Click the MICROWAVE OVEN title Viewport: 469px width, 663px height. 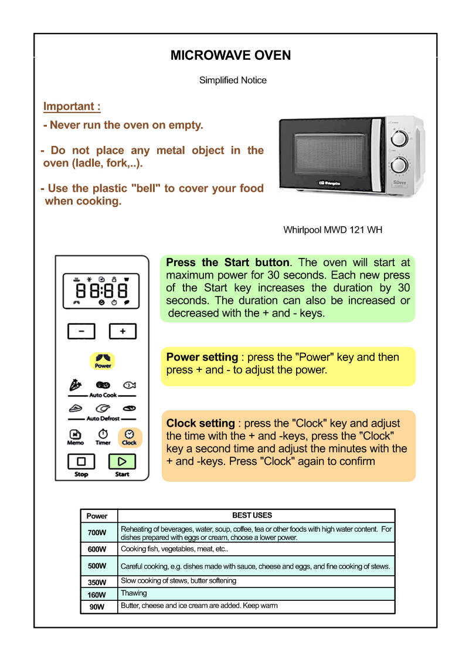point(230,56)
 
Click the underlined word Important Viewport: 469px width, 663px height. point(72,107)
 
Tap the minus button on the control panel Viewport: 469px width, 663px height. point(81,331)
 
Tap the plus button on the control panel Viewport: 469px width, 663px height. point(123,331)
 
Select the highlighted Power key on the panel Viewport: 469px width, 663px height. point(103,361)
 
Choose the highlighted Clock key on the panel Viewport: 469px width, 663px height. point(129,437)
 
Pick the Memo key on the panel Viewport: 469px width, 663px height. point(76,437)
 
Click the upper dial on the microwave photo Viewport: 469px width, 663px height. point(398,138)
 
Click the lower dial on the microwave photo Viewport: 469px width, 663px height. point(398,165)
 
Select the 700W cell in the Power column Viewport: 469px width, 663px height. point(97,532)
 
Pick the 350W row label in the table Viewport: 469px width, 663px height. point(97,582)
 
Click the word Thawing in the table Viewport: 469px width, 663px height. point(134,593)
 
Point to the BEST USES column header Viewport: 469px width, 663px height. point(252,515)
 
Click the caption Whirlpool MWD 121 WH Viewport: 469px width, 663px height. point(333,230)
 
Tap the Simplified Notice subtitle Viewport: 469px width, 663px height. point(233,80)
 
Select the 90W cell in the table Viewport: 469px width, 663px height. point(97,607)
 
